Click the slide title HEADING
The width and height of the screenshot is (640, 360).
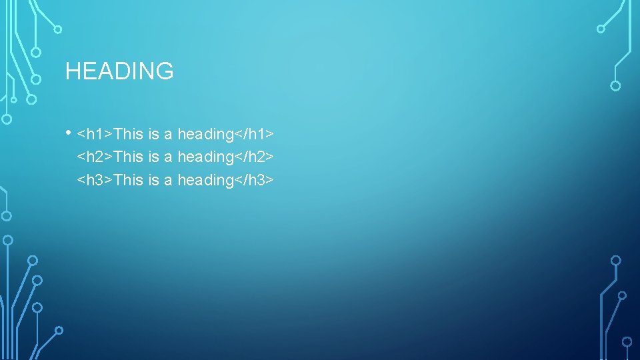119,71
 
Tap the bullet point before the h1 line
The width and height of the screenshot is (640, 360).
69,132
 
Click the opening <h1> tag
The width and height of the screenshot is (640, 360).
95,134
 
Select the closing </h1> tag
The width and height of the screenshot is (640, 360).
255,134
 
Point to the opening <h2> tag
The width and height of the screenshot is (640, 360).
95,157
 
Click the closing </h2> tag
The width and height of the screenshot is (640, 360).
255,157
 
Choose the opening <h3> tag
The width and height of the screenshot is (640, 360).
95,179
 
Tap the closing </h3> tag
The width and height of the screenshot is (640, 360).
255,179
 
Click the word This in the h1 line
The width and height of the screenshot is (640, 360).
129,134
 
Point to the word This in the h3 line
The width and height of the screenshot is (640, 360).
129,179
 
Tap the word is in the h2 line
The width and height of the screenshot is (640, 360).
153,157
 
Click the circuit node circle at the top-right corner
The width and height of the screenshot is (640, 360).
601,29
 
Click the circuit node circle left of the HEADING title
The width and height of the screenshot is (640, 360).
37,79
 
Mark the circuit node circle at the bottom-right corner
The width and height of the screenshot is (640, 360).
627,341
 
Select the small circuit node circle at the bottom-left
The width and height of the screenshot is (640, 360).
59,330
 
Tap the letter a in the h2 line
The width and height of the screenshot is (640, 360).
168,157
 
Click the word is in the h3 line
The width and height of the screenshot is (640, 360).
153,179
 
